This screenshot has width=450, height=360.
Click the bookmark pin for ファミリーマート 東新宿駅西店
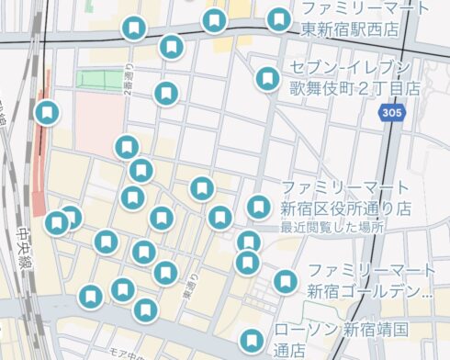point(278,19)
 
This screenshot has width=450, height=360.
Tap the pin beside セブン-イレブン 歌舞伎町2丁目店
point(267,79)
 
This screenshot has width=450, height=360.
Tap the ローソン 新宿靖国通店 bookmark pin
point(250,339)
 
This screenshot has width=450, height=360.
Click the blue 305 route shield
point(389,111)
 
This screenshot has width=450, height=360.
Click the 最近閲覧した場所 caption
point(332,227)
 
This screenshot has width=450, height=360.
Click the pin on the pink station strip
point(47,112)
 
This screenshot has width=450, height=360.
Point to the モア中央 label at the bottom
point(129,354)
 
